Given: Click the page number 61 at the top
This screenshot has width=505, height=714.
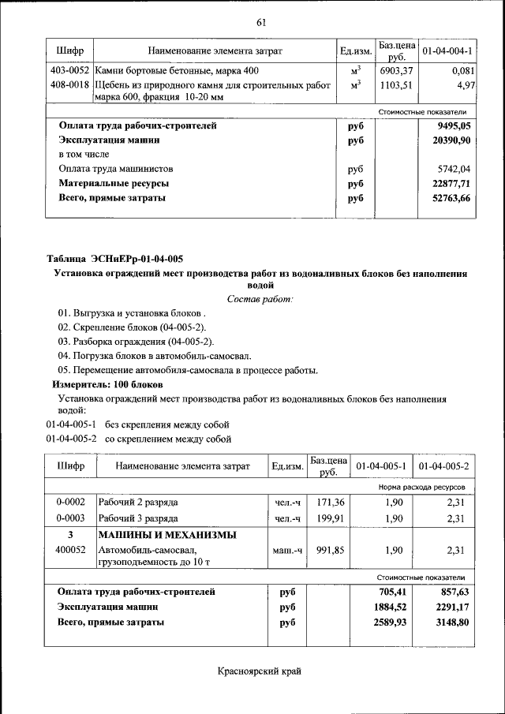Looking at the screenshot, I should click(261, 21).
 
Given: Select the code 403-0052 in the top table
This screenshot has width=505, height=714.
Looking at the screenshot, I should click(69, 71).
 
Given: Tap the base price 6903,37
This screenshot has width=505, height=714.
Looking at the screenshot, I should click(396, 71).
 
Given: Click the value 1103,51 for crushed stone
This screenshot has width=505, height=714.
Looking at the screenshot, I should click(396, 84).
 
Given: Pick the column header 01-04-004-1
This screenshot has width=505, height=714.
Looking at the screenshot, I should click(447, 51).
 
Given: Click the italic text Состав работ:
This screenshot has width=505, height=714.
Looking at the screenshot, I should click(260, 299).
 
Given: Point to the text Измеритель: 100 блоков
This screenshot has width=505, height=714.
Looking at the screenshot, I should click(108, 384).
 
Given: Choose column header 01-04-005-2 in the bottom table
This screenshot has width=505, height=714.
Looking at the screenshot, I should click(443, 466).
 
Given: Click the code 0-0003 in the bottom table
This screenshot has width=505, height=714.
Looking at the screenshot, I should click(69, 518).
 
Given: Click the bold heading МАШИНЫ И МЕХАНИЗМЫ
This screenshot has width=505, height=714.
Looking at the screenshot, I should click(167, 535).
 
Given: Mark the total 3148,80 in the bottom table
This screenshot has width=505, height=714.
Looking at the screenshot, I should click(446, 622).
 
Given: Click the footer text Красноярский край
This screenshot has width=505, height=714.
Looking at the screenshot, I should click(260, 671).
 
